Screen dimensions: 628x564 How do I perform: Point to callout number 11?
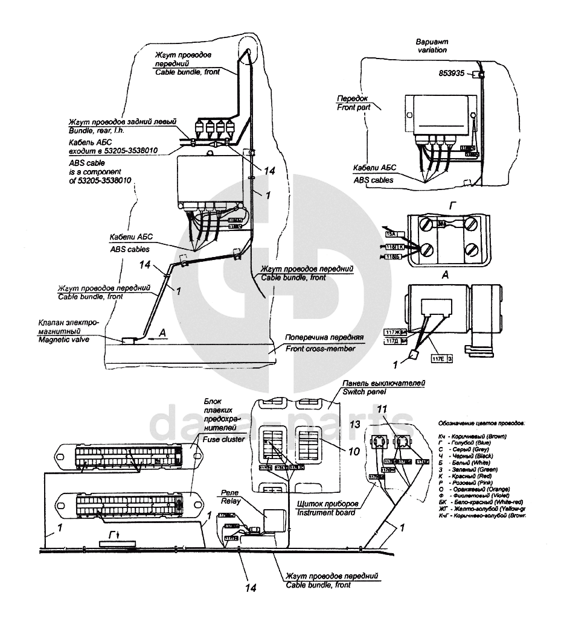(x=382, y=410)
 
